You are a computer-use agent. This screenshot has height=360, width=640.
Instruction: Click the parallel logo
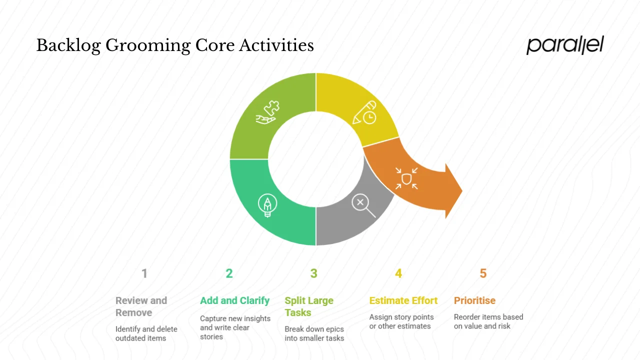pos(565,45)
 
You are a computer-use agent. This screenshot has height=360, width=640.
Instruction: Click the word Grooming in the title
pos(148,45)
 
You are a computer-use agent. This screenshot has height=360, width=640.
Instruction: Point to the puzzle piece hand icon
pos(268,112)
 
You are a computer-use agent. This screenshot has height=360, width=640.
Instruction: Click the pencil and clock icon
pos(364,112)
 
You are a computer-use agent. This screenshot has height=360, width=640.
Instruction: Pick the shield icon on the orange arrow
pos(406,178)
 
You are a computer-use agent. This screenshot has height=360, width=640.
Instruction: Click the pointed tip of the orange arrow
pos(460,190)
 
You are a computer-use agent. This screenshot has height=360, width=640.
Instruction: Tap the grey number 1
pos(144,273)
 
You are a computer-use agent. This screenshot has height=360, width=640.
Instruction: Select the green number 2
pos(229,273)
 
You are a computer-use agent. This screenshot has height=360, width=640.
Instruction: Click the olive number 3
pos(313,273)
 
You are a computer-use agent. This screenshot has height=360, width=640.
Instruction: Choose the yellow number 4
pos(398,273)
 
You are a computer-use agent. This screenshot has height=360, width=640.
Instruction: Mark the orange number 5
pos(483,273)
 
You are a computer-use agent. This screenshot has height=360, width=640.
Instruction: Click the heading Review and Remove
pos(141,306)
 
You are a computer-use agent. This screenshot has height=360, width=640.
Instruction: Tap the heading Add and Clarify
pos(234,300)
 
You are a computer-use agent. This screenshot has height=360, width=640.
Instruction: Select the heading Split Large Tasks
pos(308,306)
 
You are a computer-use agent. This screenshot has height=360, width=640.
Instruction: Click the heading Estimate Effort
pos(403,300)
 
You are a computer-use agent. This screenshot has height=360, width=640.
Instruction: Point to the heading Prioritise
pos(474,300)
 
